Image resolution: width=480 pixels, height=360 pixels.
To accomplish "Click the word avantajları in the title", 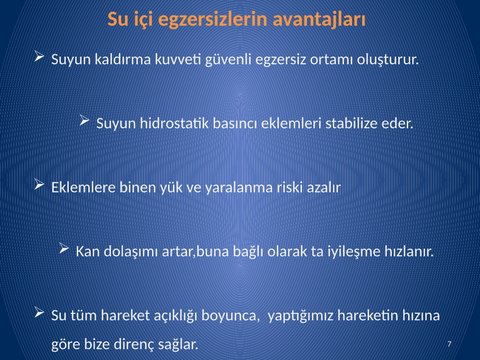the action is pyautogui.click(x=319, y=20).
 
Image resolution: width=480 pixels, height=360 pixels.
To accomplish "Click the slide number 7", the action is pyautogui.click(x=449, y=344).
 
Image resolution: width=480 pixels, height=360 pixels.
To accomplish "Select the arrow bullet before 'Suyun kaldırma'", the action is pyautogui.click(x=40, y=56).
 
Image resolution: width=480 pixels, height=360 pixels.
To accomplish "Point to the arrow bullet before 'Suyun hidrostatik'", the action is pyautogui.click(x=84, y=120).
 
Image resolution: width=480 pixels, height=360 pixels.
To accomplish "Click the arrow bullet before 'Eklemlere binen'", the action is pyautogui.click(x=40, y=185).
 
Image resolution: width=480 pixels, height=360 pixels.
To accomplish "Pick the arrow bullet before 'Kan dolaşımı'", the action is pyautogui.click(x=64, y=248).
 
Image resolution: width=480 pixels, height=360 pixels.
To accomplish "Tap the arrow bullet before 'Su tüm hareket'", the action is pyautogui.click(x=40, y=312).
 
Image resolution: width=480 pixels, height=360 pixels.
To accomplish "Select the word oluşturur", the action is pyautogui.click(x=388, y=59).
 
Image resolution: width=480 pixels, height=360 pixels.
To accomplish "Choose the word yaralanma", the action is pyautogui.click(x=239, y=188).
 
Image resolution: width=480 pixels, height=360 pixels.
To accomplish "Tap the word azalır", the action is pyautogui.click(x=324, y=188).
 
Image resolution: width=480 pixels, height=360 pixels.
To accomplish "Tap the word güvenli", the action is pyautogui.click(x=228, y=59).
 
